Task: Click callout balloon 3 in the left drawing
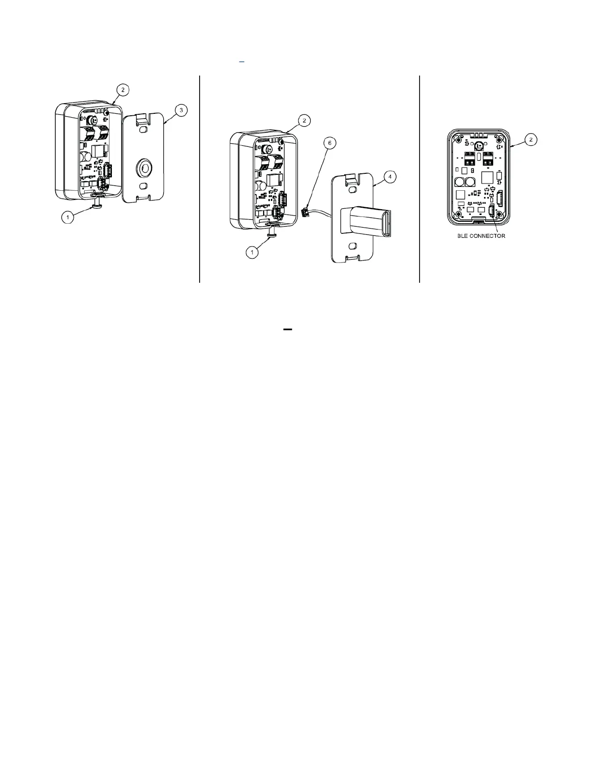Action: (x=181, y=110)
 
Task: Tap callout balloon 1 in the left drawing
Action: (x=68, y=218)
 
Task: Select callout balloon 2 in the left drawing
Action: (x=123, y=90)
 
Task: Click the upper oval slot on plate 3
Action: (x=143, y=130)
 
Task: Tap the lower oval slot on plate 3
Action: (x=142, y=186)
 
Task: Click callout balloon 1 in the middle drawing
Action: (x=251, y=252)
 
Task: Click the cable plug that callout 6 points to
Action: (x=306, y=211)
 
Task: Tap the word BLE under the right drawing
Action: (x=464, y=236)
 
